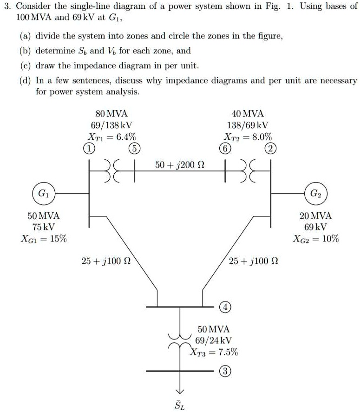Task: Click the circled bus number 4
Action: click(x=225, y=307)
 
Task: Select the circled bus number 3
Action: click(x=225, y=372)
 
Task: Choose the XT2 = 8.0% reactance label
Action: click(x=248, y=137)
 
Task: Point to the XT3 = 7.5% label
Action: click(x=214, y=352)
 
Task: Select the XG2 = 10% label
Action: click(x=316, y=239)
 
